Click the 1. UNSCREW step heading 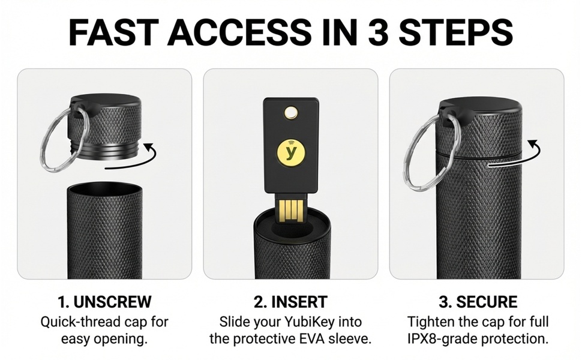pyautogui.click(x=104, y=301)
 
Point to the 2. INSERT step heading pyautogui.click(x=290, y=301)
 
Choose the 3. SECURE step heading pyautogui.click(x=478, y=301)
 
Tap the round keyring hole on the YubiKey pyautogui.click(x=292, y=111)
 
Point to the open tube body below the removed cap pyautogui.click(x=104, y=234)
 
